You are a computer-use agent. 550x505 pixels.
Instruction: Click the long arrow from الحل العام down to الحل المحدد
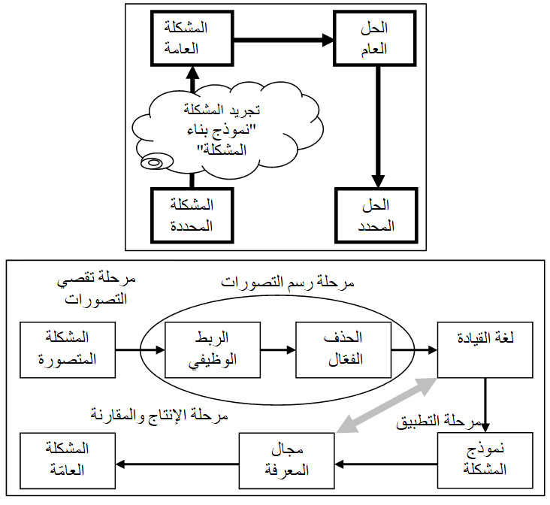coord(375,128)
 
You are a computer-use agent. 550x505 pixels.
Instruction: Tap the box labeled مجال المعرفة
coord(287,461)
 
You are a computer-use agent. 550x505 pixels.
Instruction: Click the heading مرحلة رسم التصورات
coord(289,283)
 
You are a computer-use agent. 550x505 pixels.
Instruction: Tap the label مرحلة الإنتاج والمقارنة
coord(159,415)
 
